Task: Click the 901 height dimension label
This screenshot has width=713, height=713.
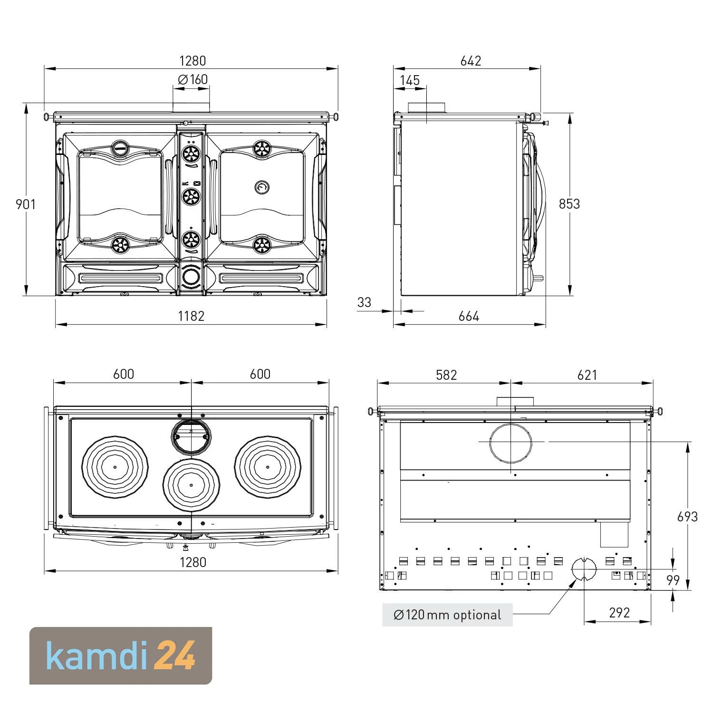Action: point(26,204)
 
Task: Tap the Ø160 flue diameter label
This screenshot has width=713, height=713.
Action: point(193,79)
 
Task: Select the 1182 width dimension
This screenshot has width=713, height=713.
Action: point(191,316)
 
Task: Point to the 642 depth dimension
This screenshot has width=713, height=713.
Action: point(471,61)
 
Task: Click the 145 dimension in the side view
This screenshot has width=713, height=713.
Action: point(410,80)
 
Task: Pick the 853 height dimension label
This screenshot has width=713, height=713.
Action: point(569,204)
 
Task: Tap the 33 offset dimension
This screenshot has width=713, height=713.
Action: point(364,302)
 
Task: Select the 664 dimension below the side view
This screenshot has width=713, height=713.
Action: point(469,316)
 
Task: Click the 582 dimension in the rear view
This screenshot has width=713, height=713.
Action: point(446,375)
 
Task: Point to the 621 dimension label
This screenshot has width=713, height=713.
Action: point(587,375)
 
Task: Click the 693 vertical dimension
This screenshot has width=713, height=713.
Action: point(687,516)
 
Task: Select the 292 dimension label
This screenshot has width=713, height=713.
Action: point(619,613)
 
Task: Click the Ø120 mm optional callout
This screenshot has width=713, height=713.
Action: point(447,615)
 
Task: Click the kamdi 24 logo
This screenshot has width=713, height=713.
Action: point(121,656)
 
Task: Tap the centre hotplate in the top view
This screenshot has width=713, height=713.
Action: point(191,484)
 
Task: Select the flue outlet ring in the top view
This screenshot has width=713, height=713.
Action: point(191,437)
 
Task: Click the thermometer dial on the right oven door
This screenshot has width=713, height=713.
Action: point(261,187)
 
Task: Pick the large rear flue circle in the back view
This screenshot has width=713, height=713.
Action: point(511,442)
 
